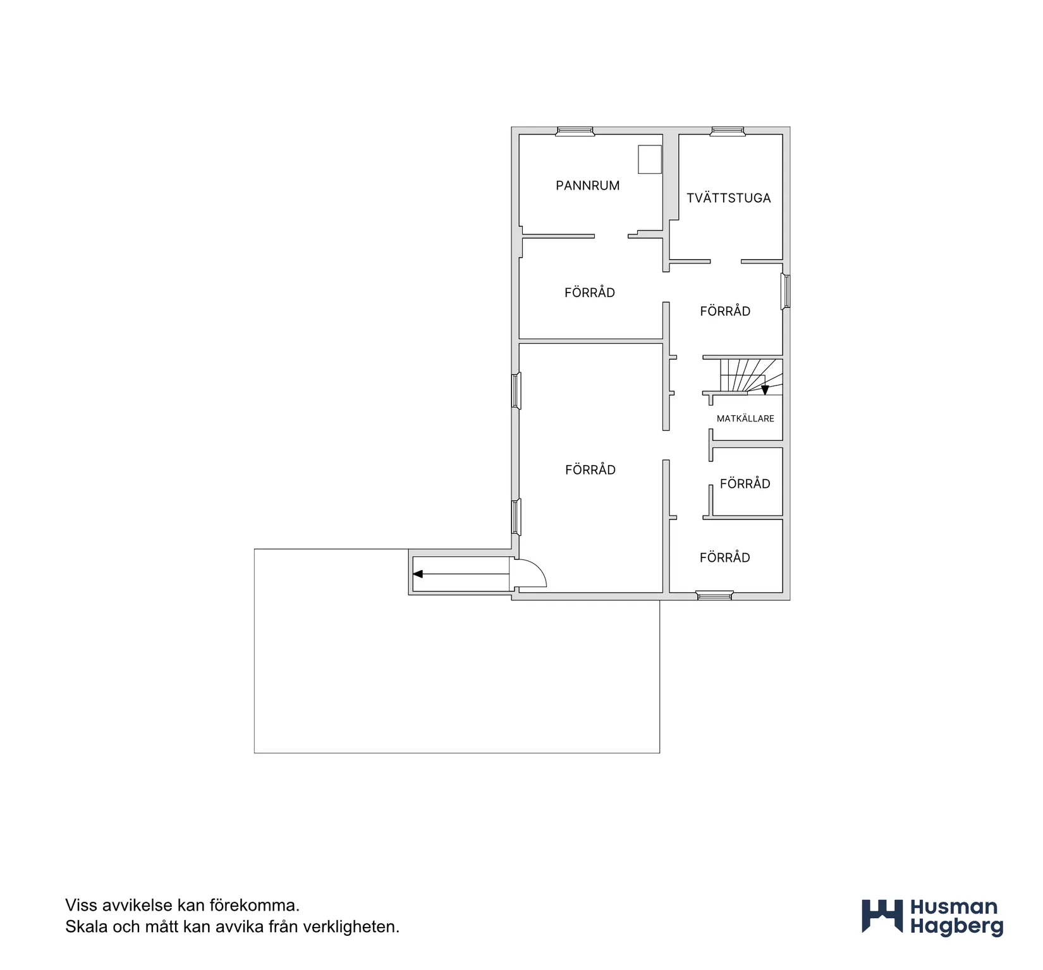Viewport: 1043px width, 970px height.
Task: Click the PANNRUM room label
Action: pyautogui.click(x=587, y=186)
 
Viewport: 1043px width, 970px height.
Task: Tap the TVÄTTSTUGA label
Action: pyautogui.click(x=729, y=198)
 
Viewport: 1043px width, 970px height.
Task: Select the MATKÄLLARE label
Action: pyautogui.click(x=745, y=418)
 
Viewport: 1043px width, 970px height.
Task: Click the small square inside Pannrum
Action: pyautogui.click(x=650, y=159)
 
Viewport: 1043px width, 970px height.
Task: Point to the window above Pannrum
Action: pyautogui.click(x=575, y=131)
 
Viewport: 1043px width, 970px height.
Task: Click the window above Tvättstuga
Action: pyautogui.click(x=728, y=131)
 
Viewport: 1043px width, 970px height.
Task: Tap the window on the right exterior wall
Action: pyautogui.click(x=786, y=291)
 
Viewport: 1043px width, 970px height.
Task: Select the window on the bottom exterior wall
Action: pyautogui.click(x=714, y=595)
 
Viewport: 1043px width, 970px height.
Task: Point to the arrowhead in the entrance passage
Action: pyautogui.click(x=417, y=574)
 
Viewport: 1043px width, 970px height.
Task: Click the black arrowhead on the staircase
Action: pyautogui.click(x=765, y=390)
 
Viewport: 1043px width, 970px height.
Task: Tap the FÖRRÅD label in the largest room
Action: pyautogui.click(x=590, y=470)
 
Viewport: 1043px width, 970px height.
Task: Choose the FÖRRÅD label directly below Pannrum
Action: pyautogui.click(x=590, y=293)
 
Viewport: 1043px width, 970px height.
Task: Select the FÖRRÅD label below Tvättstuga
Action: pyautogui.click(x=725, y=311)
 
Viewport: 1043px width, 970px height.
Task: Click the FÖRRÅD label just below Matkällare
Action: pyautogui.click(x=745, y=484)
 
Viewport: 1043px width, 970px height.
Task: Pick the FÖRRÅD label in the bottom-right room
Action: pyautogui.click(x=725, y=558)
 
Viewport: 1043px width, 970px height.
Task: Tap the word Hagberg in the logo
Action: pyautogui.click(x=956, y=927)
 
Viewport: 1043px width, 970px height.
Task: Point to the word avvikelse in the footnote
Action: pyautogui.click(x=137, y=906)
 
